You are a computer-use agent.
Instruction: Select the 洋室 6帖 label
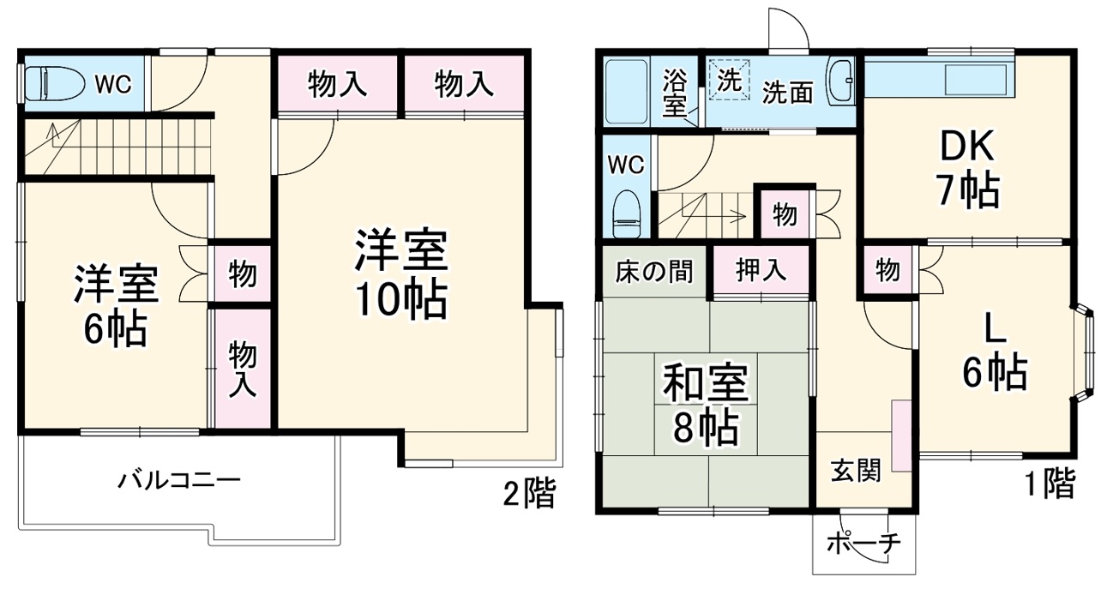[x=116, y=306]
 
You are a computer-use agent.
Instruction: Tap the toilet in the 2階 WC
[x=53, y=84]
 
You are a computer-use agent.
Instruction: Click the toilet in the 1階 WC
[x=628, y=213]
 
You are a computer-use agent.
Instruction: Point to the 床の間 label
[x=653, y=271]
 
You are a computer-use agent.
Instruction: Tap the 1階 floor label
[x=1047, y=484]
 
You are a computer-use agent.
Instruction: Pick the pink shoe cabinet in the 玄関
[x=901, y=435]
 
